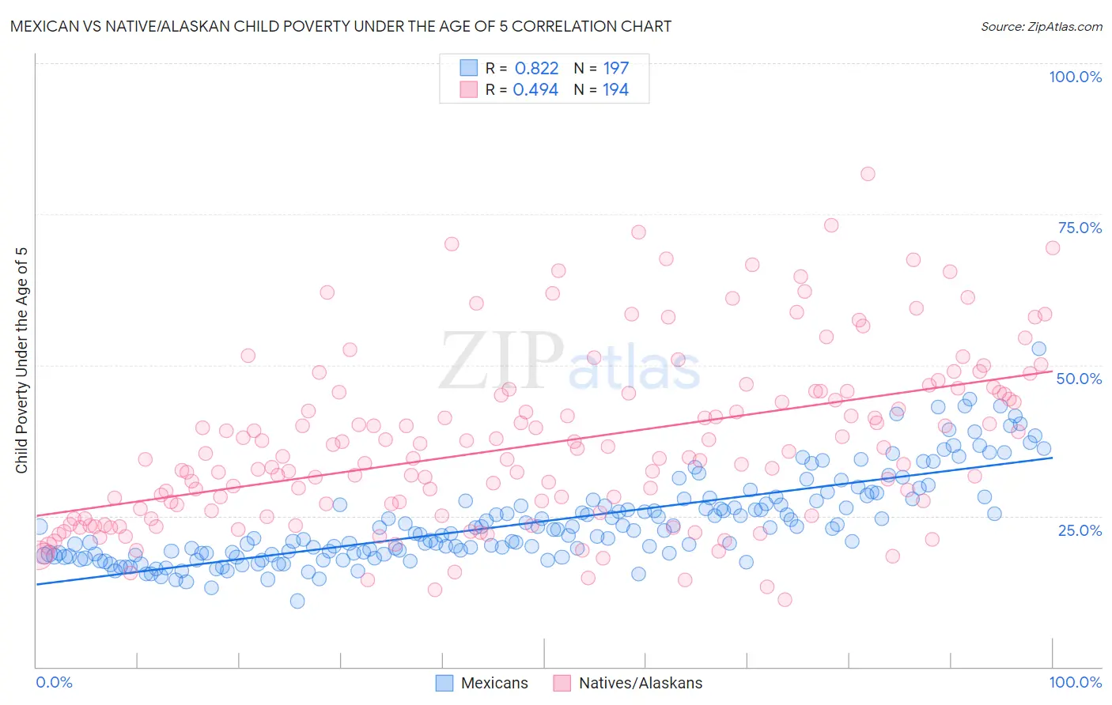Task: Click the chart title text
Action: click(x=341, y=26)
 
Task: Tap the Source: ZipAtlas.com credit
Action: click(x=1041, y=27)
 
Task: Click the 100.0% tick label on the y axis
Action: click(x=1075, y=77)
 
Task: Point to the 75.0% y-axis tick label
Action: click(x=1080, y=228)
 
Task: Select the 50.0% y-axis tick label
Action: click(x=1079, y=379)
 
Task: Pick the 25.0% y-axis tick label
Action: click(x=1080, y=530)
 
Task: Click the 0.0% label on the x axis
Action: click(x=54, y=682)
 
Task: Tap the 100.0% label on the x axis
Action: click(x=1075, y=682)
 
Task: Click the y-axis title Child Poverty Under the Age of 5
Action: click(x=21, y=360)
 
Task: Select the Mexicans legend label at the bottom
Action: click(x=494, y=683)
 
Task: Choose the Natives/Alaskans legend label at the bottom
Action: click(x=640, y=683)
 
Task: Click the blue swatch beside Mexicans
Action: click(x=444, y=683)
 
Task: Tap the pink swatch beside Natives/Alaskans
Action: click(x=562, y=683)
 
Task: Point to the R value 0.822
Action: click(x=536, y=68)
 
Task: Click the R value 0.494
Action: click(x=535, y=89)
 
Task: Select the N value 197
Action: click(x=615, y=68)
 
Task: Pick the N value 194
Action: click(x=615, y=89)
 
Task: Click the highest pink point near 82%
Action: click(x=868, y=174)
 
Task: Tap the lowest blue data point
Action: click(x=297, y=601)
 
